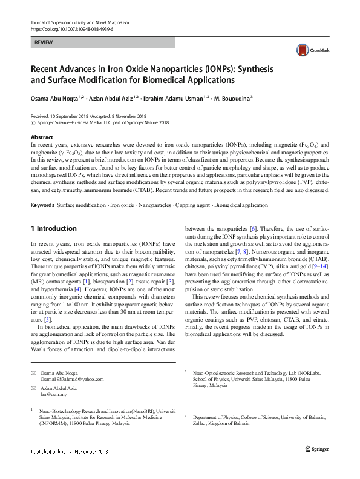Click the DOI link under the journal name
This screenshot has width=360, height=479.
point(71,28)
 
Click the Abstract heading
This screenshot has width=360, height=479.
point(42,137)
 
